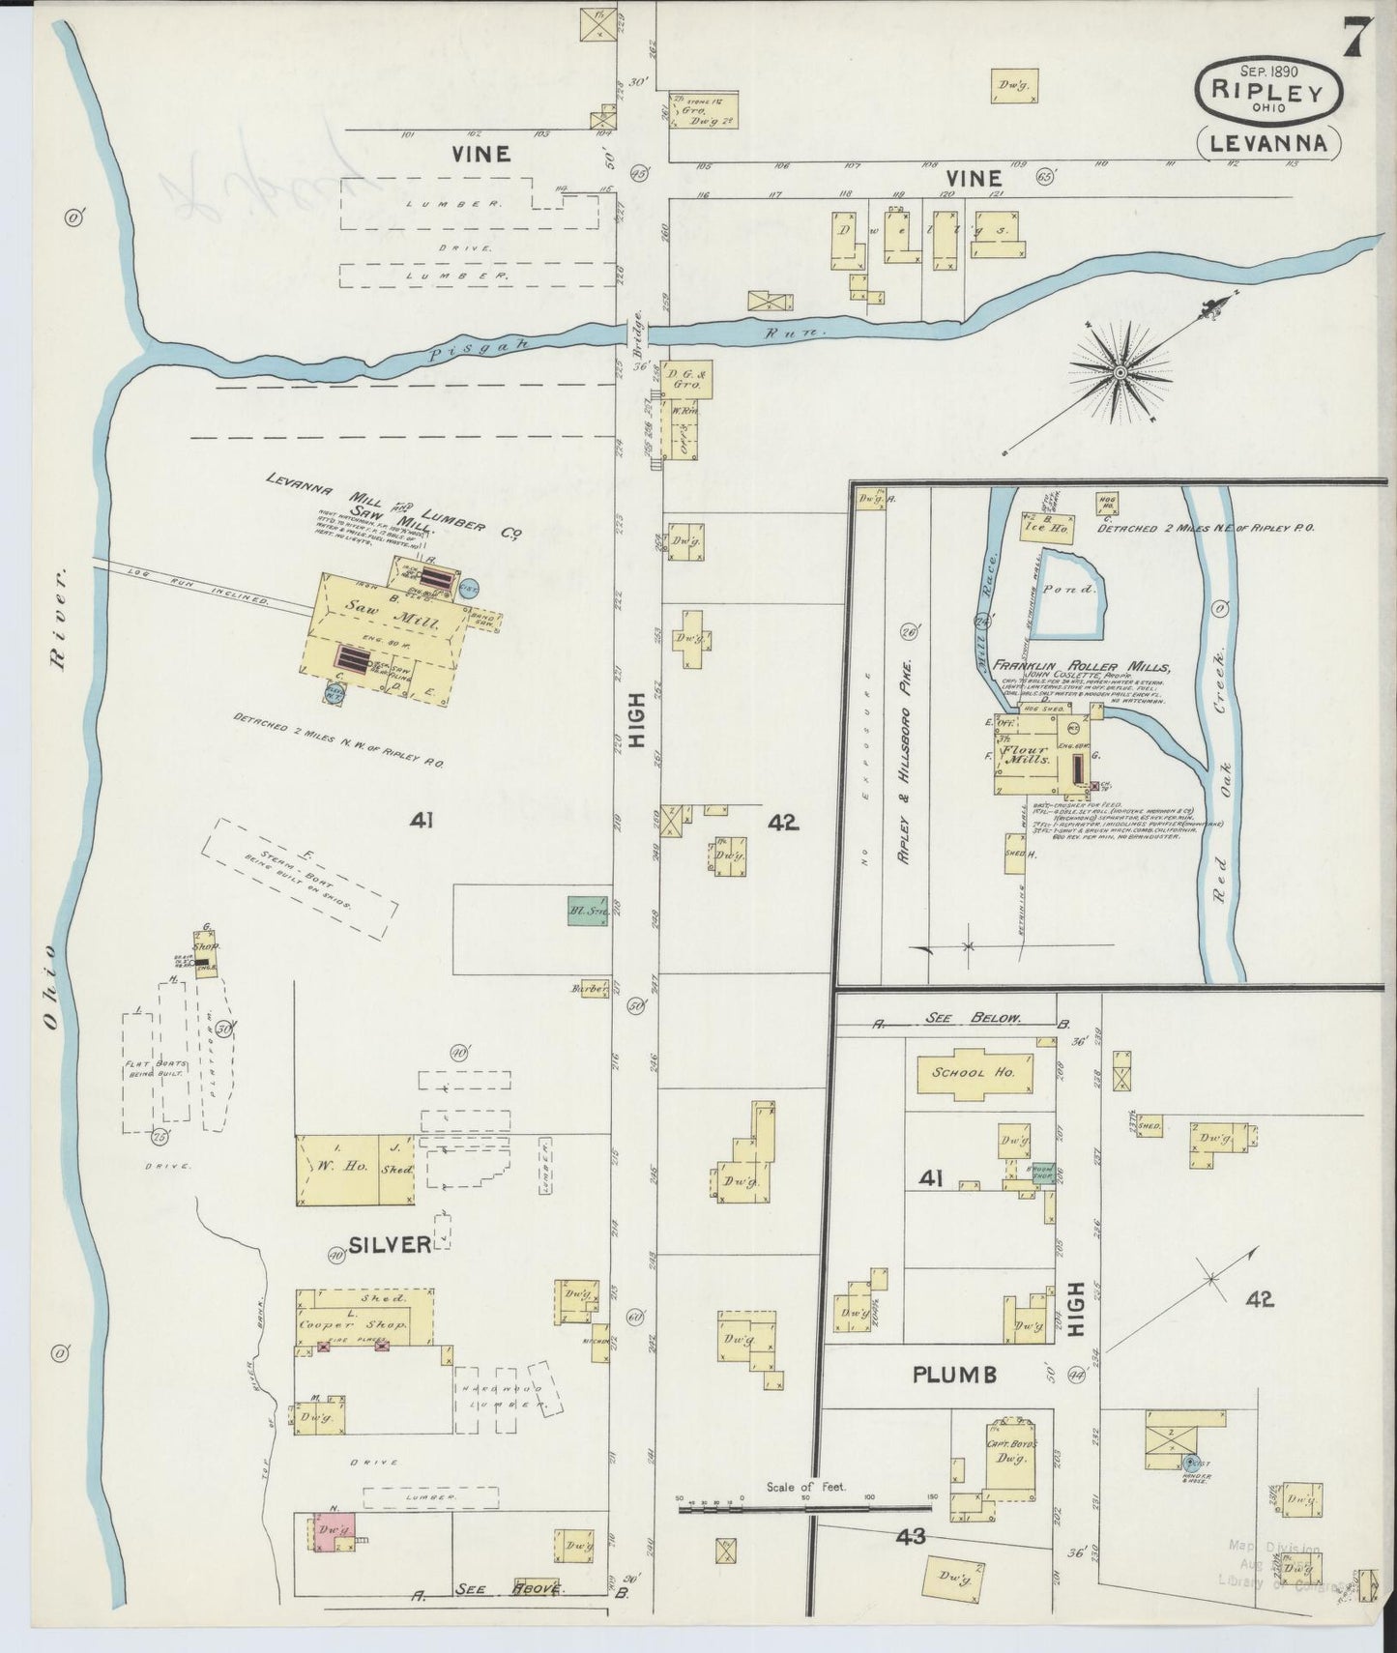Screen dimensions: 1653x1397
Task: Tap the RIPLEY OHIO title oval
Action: (1269, 91)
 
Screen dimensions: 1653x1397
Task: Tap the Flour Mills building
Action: (1027, 754)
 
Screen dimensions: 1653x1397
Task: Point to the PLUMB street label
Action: (956, 1375)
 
